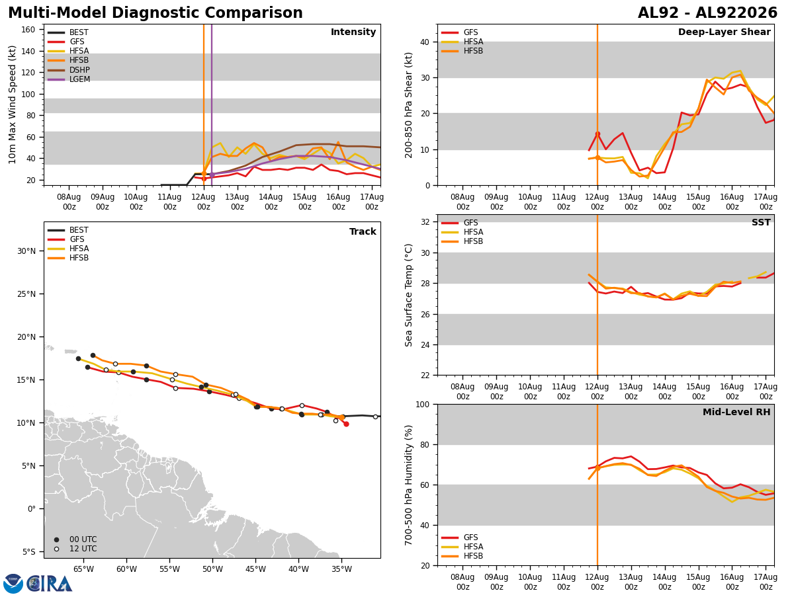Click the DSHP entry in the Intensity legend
[68, 69]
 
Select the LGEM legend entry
[68, 79]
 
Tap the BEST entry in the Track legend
[67, 230]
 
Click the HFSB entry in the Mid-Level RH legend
[462, 555]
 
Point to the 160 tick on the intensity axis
[28, 30]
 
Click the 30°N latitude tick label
[26, 251]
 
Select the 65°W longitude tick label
[83, 569]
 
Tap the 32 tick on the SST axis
[425, 222]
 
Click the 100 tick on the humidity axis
[423, 405]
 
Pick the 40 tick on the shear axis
[425, 42]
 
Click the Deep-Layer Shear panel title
[724, 32]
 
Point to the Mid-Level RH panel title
[736, 412]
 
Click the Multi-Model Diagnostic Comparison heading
[155, 13]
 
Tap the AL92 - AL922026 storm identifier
[707, 13]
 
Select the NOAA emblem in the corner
[13, 583]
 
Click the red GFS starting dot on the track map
[346, 424]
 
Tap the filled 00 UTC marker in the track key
[56, 539]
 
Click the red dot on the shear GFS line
[597, 134]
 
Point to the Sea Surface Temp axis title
[408, 295]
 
